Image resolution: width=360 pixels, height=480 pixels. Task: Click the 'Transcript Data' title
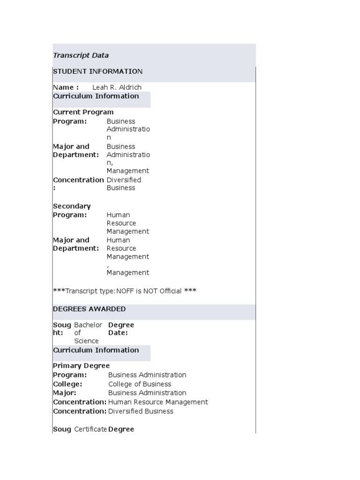point(81,55)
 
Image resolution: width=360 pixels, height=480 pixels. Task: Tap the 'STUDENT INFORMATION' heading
point(97,71)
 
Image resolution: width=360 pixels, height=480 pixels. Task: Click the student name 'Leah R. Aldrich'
point(117,87)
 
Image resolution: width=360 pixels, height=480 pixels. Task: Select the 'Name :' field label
point(66,87)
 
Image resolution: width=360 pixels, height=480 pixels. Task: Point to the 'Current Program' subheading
point(83,112)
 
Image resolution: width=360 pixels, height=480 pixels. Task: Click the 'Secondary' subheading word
point(72,206)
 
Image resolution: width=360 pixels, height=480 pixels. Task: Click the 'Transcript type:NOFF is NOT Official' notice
point(124,291)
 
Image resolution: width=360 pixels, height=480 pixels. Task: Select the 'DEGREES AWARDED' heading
point(89,309)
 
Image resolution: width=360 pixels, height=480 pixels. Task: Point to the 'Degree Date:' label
point(121,329)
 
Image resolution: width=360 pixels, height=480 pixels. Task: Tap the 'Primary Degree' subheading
point(81,366)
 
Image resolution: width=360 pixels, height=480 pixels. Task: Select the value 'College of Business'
point(140,384)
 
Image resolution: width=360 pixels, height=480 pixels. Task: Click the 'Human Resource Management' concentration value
point(158,402)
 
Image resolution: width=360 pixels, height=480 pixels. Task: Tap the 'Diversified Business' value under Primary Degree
point(141,411)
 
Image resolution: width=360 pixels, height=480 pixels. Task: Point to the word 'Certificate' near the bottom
point(90,429)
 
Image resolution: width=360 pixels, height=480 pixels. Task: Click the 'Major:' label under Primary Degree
point(64,393)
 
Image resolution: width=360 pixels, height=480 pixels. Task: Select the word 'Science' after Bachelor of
point(86,341)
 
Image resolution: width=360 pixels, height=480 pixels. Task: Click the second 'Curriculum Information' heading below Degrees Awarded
point(96,350)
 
